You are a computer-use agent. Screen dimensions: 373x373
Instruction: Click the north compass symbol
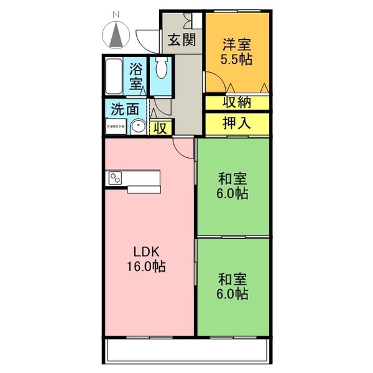click(x=116, y=35)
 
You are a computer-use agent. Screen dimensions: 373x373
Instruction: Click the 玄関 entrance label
click(x=182, y=41)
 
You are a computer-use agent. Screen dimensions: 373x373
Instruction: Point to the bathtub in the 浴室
click(x=114, y=76)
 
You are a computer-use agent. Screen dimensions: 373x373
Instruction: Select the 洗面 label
click(x=125, y=108)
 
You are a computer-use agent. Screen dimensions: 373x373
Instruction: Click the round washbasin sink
click(x=139, y=127)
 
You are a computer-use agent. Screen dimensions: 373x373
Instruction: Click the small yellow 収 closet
click(x=160, y=128)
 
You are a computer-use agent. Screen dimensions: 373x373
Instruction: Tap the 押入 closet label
click(x=236, y=122)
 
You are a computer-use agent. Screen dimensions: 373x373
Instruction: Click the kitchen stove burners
click(x=116, y=178)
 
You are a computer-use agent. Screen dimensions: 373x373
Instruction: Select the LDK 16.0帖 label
click(x=148, y=259)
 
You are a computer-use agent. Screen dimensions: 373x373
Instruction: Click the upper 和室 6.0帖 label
click(x=233, y=186)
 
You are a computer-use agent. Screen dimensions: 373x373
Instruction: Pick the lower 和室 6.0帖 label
click(x=233, y=286)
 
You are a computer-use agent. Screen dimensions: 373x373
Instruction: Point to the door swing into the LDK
click(x=182, y=147)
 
